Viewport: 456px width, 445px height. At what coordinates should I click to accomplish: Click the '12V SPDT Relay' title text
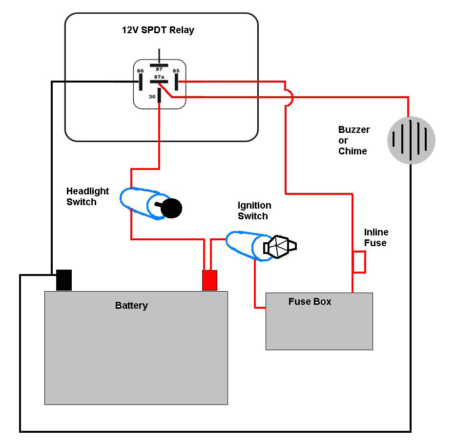pyautogui.click(x=158, y=30)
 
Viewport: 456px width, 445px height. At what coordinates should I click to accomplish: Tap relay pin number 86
pyautogui.click(x=140, y=71)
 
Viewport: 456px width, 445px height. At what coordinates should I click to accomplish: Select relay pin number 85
pyautogui.click(x=176, y=71)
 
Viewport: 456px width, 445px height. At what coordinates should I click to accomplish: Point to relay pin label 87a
pyautogui.click(x=159, y=77)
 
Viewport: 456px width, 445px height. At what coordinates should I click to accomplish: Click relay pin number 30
pyautogui.click(x=152, y=97)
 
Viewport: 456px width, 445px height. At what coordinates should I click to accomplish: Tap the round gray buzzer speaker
pyautogui.click(x=411, y=140)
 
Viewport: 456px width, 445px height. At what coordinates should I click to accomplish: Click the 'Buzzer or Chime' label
pyautogui.click(x=353, y=140)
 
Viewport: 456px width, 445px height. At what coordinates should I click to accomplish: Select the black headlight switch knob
pyautogui.click(x=171, y=209)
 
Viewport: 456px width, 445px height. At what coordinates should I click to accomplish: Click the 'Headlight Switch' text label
pyautogui.click(x=87, y=196)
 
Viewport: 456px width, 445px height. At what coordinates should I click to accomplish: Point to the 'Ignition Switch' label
pyautogui.click(x=254, y=211)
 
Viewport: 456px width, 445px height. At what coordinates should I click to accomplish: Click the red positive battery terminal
pyautogui.click(x=209, y=280)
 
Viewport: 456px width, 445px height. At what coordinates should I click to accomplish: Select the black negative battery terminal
pyautogui.click(x=64, y=280)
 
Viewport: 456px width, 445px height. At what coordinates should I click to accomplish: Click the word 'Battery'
pyautogui.click(x=131, y=306)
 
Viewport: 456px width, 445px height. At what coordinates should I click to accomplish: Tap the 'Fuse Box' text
pyautogui.click(x=310, y=302)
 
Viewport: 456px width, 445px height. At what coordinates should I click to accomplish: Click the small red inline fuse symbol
pyautogui.click(x=359, y=262)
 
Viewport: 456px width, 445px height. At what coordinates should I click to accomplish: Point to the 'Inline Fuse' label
pyautogui.click(x=376, y=237)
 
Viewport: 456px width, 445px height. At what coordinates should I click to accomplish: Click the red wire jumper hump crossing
pyautogui.click(x=289, y=97)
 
